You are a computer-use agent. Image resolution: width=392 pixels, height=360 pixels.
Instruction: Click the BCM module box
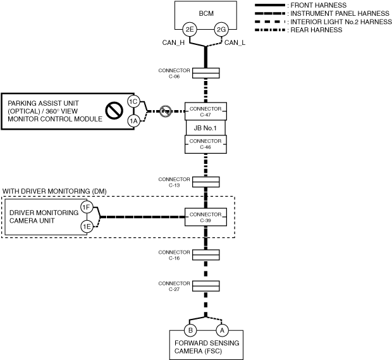[x=205, y=13]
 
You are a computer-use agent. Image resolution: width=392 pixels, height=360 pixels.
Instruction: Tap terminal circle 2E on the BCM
[x=189, y=29]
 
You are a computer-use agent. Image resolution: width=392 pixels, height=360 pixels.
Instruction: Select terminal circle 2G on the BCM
[x=221, y=29]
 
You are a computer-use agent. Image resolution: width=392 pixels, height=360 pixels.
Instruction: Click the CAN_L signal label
[x=235, y=43]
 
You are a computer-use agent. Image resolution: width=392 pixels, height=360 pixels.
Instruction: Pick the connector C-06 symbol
[x=205, y=72]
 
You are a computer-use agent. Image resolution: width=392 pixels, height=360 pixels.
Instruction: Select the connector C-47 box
[x=205, y=111]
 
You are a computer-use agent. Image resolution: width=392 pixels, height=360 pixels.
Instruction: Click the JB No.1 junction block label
[x=205, y=127]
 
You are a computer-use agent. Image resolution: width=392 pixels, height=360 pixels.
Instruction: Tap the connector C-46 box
[x=205, y=144]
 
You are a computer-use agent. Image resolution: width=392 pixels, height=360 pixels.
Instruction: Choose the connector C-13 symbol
[x=205, y=182]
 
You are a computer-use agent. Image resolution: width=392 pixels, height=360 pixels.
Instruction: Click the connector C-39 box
[x=205, y=217]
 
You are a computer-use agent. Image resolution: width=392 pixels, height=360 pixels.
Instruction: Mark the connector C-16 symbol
[x=205, y=254]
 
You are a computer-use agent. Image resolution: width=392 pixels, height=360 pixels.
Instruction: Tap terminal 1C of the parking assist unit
[x=133, y=102]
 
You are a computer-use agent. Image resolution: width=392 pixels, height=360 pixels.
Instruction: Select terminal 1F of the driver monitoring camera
[x=87, y=208]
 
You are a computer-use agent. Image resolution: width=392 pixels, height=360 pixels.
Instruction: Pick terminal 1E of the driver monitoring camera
[x=87, y=226]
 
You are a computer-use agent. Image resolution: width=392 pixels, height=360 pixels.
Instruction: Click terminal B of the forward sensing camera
[x=189, y=330]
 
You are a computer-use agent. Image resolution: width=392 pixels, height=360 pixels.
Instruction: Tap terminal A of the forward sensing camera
[x=221, y=330]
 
